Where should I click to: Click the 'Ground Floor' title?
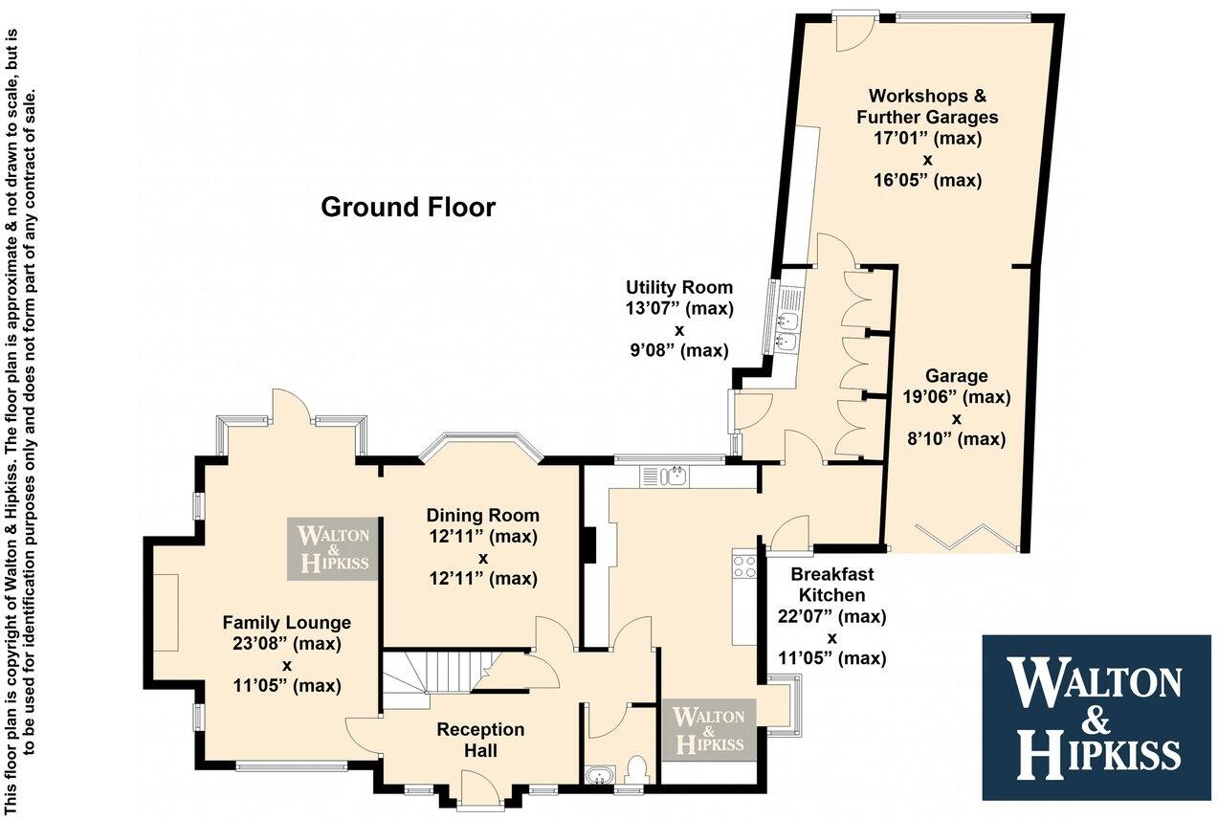point(408,207)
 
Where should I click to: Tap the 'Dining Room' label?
point(482,516)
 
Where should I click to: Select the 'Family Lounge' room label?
point(287,622)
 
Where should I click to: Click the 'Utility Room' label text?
point(679,287)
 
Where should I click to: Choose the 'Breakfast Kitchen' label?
point(831,585)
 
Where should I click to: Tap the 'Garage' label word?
point(956,376)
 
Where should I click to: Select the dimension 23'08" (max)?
point(287,643)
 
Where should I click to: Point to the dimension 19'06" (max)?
point(956,397)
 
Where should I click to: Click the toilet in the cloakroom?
point(634,770)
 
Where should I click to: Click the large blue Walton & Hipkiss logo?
point(1096,717)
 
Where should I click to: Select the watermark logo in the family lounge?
point(334,549)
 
